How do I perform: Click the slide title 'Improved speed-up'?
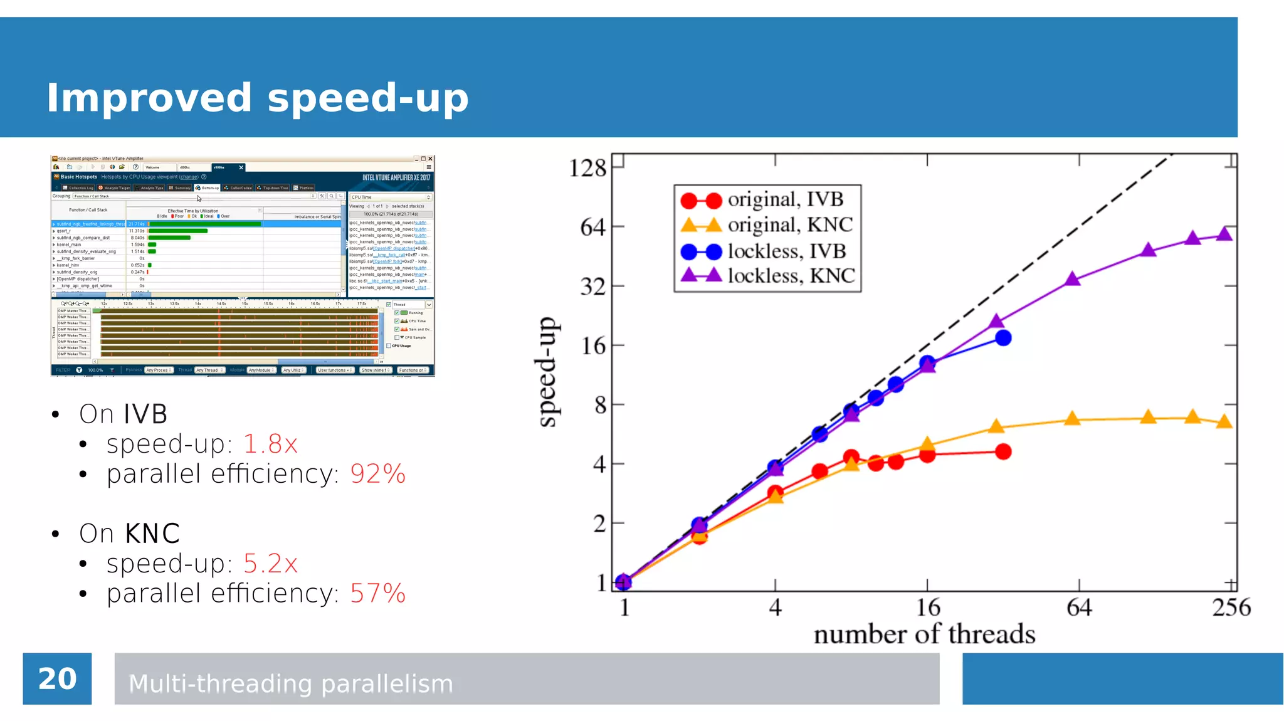pos(257,98)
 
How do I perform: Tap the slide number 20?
pos(57,679)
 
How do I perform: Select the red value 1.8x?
pos(270,444)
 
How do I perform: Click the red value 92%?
pos(377,473)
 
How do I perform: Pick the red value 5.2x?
pos(270,564)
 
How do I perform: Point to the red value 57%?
pos(377,593)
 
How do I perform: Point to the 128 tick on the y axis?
pos(587,168)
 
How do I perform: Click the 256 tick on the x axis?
pos(1231,607)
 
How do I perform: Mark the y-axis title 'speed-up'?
pos(547,372)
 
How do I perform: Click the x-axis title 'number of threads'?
pos(924,634)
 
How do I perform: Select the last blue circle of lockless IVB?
pos(1003,338)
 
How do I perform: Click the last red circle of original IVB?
pos(1003,451)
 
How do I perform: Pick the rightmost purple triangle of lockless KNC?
pos(1224,235)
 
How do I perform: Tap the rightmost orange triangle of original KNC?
pos(1224,422)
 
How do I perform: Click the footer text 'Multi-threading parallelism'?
pos(290,683)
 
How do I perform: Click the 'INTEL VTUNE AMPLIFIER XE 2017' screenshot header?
pos(396,177)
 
